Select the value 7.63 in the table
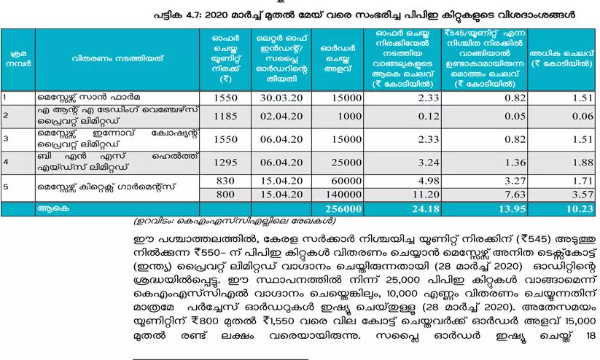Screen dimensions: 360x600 [488, 195]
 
